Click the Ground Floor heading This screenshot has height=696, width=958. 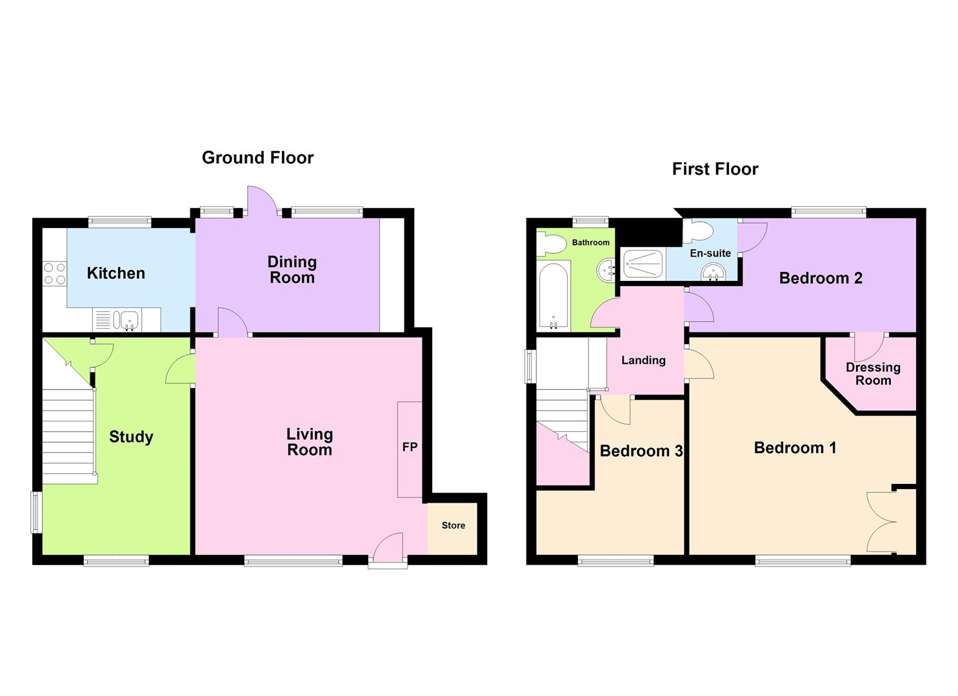click(x=257, y=158)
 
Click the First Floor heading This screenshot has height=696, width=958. click(x=715, y=169)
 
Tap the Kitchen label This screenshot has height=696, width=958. click(x=116, y=273)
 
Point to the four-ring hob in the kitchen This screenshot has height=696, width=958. click(x=54, y=273)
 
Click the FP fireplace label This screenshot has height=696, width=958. click(x=410, y=447)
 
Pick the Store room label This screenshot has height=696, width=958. click(x=453, y=526)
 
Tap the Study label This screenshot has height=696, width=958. click(x=131, y=437)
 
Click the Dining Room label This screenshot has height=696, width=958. click(x=292, y=270)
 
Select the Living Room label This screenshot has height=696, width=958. click(x=310, y=442)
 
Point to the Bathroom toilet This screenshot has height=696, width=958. click(x=550, y=244)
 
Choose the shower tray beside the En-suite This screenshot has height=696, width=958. click(x=643, y=264)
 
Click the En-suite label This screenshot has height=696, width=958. click(x=710, y=253)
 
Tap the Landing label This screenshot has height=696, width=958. click(x=643, y=361)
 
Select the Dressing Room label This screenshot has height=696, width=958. click(x=873, y=374)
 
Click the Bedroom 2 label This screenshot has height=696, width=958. click(x=821, y=278)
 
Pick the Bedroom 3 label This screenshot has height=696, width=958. click(x=641, y=451)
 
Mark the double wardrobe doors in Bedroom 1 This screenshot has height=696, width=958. click(x=881, y=522)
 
